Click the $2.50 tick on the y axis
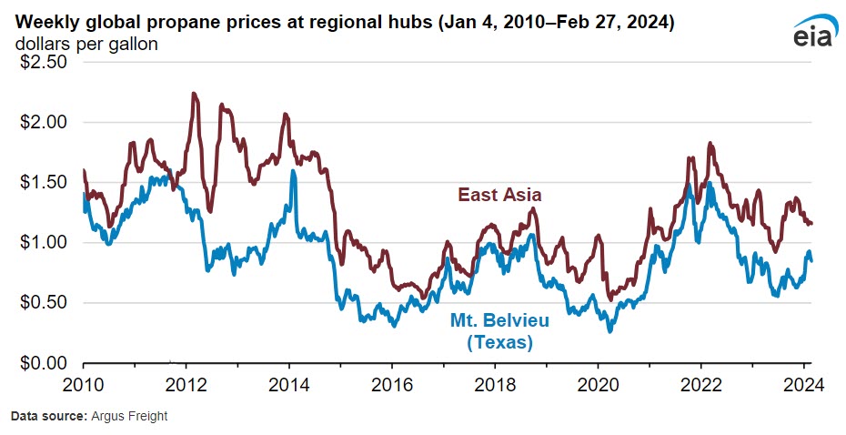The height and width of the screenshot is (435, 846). [x=43, y=63]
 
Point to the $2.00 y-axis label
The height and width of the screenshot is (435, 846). [x=43, y=123]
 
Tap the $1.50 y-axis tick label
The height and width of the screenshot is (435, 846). [x=43, y=183]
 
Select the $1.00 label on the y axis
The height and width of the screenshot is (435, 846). [x=43, y=243]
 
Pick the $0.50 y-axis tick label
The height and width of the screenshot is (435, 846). [x=43, y=303]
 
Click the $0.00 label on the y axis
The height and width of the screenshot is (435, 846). [x=43, y=363]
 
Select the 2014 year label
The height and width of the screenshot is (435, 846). [x=289, y=382]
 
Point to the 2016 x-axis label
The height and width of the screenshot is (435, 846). [x=392, y=382]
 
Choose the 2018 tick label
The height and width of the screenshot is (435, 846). [x=495, y=382]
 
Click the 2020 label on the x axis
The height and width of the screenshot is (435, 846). [x=598, y=382]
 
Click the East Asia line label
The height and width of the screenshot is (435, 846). [x=499, y=195]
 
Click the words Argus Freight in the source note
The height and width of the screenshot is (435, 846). [x=128, y=417]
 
